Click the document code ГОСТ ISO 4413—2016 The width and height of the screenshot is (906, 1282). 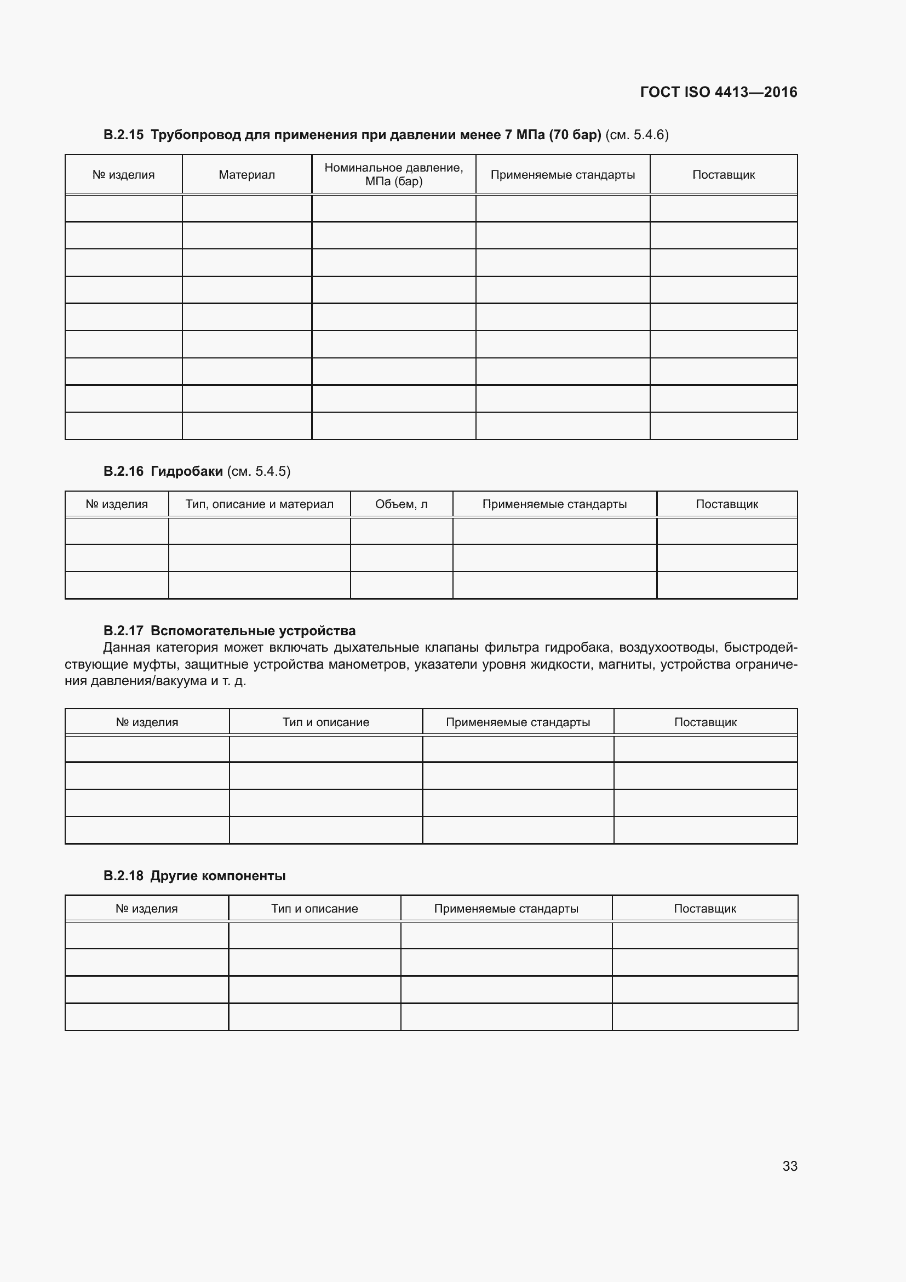pyautogui.click(x=718, y=92)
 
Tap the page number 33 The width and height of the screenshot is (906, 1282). pyautogui.click(x=789, y=1166)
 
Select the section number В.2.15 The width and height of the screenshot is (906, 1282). pyautogui.click(x=123, y=135)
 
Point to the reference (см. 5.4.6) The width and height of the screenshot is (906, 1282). pyautogui.click(x=637, y=135)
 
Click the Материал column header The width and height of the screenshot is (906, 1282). pyautogui.click(x=246, y=175)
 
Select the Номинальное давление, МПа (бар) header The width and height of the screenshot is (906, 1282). pyautogui.click(x=393, y=174)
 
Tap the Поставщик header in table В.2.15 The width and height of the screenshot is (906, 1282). pyautogui.click(x=723, y=175)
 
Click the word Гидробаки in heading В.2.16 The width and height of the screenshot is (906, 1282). pyautogui.click(x=186, y=471)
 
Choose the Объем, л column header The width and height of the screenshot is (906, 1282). pyautogui.click(x=401, y=504)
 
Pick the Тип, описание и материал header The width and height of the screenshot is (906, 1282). pyautogui.click(x=260, y=504)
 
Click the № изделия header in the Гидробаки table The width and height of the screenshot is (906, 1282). pyautogui.click(x=117, y=504)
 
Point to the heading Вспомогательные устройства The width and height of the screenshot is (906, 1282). pyautogui.click(x=253, y=630)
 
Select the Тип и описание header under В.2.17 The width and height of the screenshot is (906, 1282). pyautogui.click(x=326, y=722)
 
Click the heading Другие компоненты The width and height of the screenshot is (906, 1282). pyautogui.click(x=217, y=875)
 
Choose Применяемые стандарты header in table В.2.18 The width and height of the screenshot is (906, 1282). pyautogui.click(x=506, y=908)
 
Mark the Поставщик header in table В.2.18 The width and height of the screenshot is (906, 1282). pyautogui.click(x=704, y=908)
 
